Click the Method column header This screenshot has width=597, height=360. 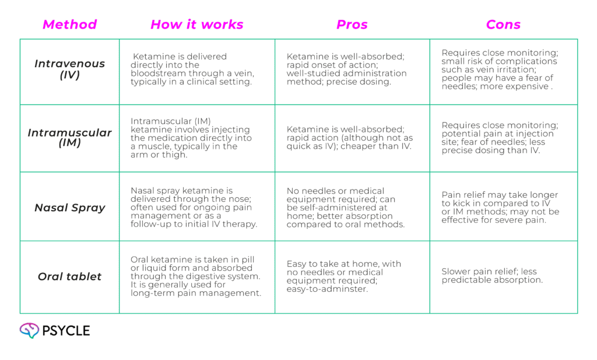[69, 25]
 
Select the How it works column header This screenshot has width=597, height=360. [196, 25]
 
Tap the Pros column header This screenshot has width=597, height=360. [352, 25]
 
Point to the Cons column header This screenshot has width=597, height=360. [503, 25]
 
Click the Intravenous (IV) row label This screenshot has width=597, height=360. [69, 69]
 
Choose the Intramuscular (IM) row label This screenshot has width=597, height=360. [69, 138]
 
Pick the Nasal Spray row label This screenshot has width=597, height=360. [69, 207]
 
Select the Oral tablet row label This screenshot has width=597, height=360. [69, 277]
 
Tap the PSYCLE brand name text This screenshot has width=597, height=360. [66, 331]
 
